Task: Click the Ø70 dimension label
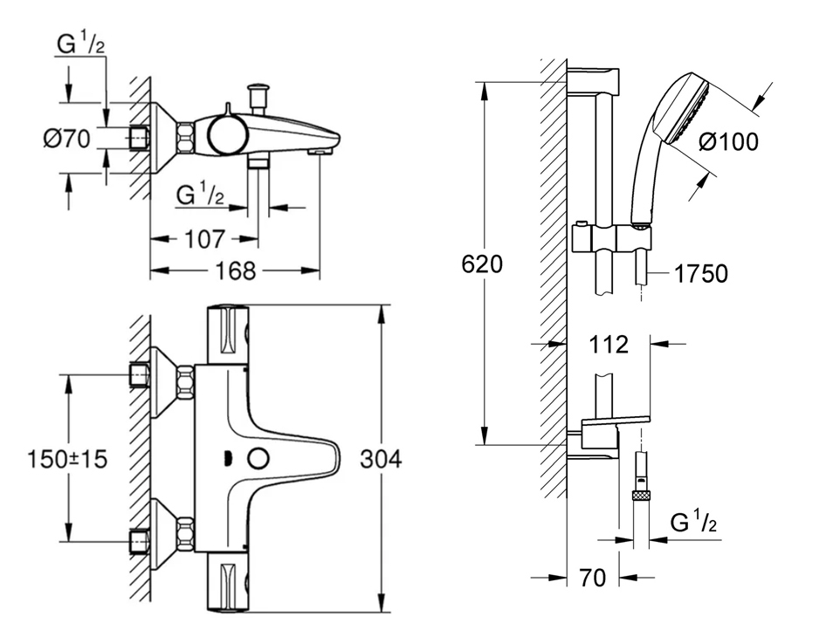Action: [66, 139]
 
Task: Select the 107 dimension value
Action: [205, 239]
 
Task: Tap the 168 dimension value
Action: [236, 271]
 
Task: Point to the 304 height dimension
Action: [381, 459]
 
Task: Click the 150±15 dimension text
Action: [67, 459]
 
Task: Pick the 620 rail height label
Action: [482, 264]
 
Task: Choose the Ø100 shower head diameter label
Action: [729, 141]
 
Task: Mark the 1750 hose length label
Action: [701, 274]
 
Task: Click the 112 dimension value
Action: [609, 345]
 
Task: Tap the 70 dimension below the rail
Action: [592, 578]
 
